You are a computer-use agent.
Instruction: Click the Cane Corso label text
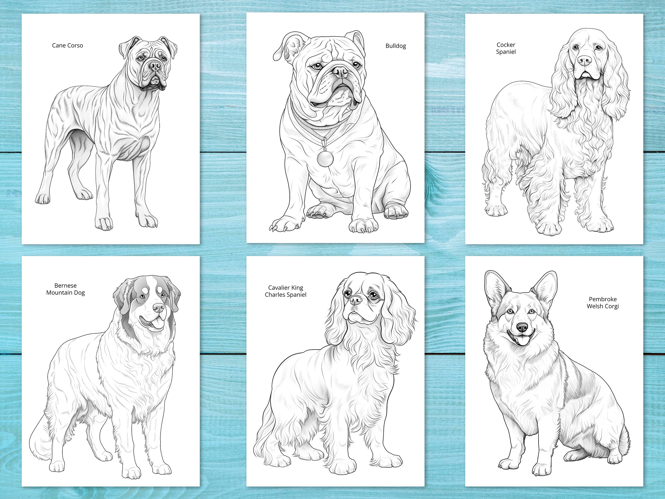click(67, 45)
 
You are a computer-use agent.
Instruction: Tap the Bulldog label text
click(396, 46)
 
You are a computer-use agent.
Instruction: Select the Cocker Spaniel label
click(506, 48)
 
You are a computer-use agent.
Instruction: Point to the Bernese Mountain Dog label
click(66, 289)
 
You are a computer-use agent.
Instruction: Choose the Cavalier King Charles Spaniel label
click(285, 291)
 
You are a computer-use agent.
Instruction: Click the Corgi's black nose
click(522, 327)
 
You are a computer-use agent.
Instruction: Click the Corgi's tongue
click(520, 341)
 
